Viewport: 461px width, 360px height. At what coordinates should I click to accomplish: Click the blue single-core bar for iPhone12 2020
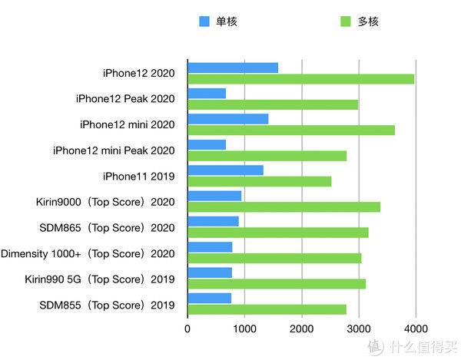[233, 68]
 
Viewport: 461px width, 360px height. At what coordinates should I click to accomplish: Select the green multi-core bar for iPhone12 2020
[301, 79]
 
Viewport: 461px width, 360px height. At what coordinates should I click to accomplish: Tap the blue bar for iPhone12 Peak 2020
[207, 94]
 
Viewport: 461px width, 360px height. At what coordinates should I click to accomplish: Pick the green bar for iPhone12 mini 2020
[291, 130]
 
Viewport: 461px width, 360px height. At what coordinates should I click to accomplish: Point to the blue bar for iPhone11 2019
[225, 170]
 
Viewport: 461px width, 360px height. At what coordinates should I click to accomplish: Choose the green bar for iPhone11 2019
[260, 181]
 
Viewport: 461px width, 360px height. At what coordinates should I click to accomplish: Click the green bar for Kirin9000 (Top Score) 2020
[284, 206]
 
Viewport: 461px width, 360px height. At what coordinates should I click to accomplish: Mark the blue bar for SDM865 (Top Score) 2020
[213, 221]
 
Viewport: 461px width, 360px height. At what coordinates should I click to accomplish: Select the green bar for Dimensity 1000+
[274, 258]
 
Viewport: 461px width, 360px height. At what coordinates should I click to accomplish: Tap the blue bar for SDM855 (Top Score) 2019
[209, 298]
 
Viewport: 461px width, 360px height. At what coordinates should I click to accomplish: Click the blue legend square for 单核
[204, 21]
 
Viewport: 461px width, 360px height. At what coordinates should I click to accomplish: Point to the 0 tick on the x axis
[187, 328]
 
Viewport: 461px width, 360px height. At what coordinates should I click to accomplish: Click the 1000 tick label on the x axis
[244, 328]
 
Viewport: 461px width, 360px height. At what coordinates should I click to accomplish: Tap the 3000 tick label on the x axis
[358, 328]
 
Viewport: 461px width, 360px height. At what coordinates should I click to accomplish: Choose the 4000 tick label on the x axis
[416, 328]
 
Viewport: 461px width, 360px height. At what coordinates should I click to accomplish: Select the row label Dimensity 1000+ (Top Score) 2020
[88, 253]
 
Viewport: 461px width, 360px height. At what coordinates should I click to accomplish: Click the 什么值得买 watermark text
[421, 345]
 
